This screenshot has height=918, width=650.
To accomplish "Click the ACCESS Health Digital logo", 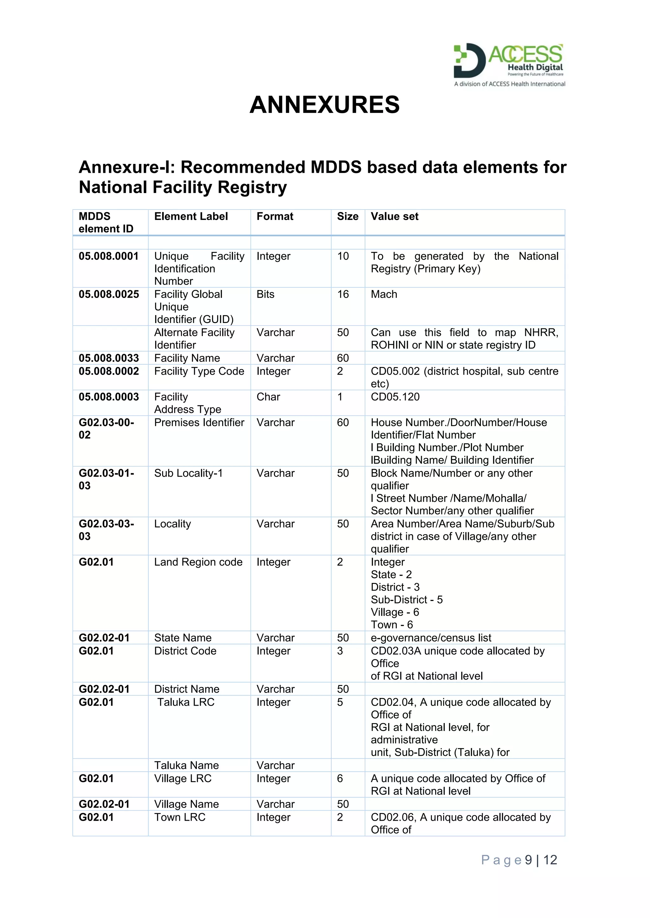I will [x=509, y=64].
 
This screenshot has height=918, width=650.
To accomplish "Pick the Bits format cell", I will [x=265, y=294].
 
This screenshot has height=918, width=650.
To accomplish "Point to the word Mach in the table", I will [x=384, y=294].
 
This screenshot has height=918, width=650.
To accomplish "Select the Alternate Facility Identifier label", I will [x=194, y=338].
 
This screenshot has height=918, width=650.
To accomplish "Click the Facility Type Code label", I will [x=199, y=371].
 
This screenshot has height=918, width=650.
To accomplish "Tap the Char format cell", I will [x=268, y=397].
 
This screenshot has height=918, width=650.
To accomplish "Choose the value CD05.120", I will [x=395, y=397].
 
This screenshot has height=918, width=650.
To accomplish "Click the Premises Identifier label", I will [x=199, y=422].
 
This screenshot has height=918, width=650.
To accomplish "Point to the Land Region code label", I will [x=198, y=562].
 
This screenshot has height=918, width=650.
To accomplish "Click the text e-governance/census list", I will [x=431, y=638].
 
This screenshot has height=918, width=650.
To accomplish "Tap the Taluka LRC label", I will [x=186, y=702].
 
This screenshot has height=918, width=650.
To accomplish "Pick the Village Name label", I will [x=187, y=804].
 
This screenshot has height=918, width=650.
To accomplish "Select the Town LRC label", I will [x=180, y=817].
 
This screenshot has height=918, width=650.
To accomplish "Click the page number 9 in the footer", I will [x=528, y=860].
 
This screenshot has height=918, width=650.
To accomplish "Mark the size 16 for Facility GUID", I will [x=343, y=294].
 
